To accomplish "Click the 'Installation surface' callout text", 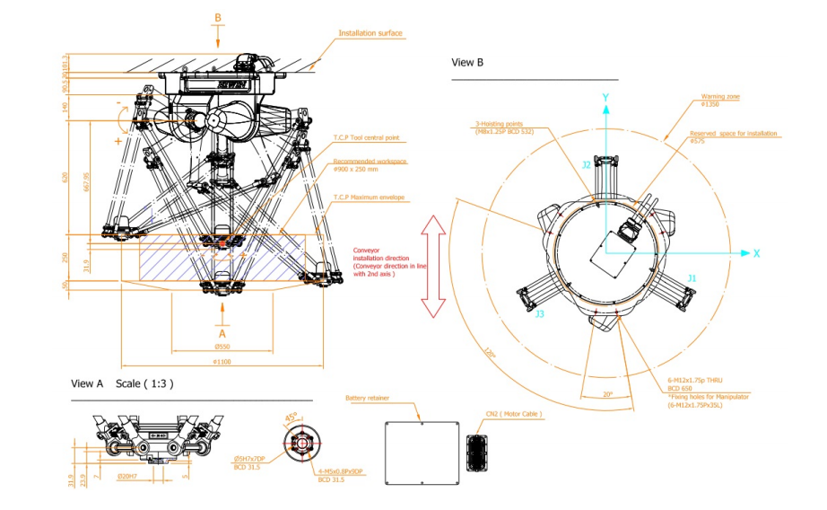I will pyautogui.click(x=370, y=33).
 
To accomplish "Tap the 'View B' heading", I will pyautogui.click(x=467, y=63).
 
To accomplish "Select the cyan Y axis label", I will pyautogui.click(x=606, y=96).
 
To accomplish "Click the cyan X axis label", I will pyautogui.click(x=756, y=253).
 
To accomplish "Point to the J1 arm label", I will pyautogui.click(x=691, y=278).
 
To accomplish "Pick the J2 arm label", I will pyautogui.click(x=586, y=165).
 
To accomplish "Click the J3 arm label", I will pyautogui.click(x=539, y=314).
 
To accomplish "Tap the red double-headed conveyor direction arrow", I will pyautogui.click(x=434, y=266).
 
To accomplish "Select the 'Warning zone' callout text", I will pyautogui.click(x=721, y=98).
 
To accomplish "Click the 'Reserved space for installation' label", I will pyautogui.click(x=734, y=134).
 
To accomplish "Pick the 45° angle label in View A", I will pyautogui.click(x=292, y=417).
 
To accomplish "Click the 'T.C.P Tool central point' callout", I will pyautogui.click(x=366, y=138).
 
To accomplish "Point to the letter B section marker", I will pyautogui.click(x=218, y=17).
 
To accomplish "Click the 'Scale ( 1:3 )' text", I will pyautogui.click(x=144, y=383).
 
